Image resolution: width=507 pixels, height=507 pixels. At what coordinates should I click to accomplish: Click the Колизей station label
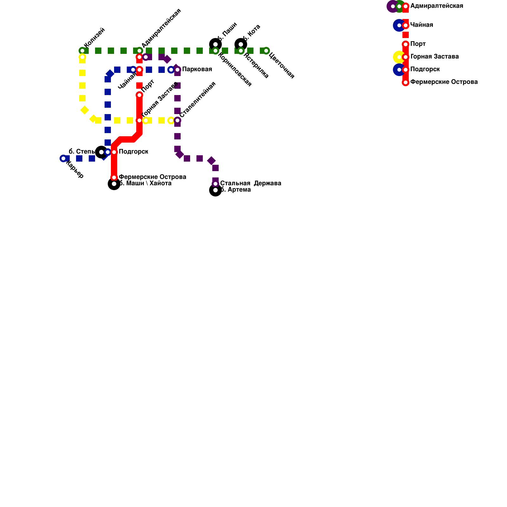[x=94, y=38]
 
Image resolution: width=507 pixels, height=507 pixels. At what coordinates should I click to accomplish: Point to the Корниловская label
[x=235, y=69]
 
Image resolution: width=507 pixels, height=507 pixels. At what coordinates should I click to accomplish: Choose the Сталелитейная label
[x=197, y=99]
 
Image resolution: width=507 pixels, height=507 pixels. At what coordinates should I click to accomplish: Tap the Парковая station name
[x=197, y=69]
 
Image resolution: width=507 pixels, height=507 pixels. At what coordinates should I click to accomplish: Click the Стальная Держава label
[x=251, y=183]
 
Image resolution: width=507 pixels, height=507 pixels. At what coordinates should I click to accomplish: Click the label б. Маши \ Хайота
[x=145, y=183]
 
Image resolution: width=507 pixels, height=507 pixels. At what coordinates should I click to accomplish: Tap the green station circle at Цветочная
[x=266, y=51]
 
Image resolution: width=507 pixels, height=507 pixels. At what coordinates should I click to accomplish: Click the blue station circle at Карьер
[x=63, y=158]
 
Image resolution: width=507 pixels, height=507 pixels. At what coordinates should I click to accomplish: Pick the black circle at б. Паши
[x=215, y=44]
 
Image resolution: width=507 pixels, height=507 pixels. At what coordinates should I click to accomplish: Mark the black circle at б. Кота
[x=241, y=44]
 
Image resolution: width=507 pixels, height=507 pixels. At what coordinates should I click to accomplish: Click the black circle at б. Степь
[x=101, y=152]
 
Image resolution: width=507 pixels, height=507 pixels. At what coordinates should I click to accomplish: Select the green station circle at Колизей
[x=82, y=51]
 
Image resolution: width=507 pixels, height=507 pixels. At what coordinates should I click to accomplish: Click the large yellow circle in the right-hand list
[x=399, y=57]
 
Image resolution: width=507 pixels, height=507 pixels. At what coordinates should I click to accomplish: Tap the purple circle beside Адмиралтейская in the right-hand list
[x=393, y=6]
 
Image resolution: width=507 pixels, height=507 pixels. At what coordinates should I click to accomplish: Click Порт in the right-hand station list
[x=418, y=44]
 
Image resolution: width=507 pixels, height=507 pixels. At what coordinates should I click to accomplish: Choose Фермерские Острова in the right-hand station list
[x=444, y=82]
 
